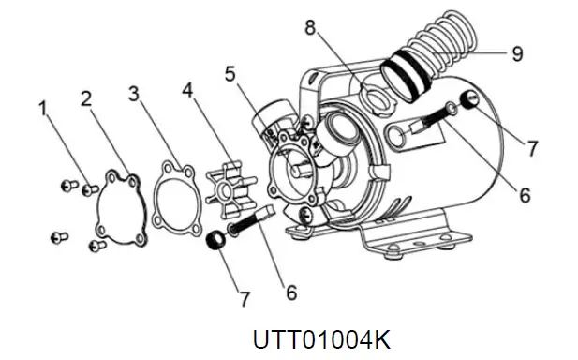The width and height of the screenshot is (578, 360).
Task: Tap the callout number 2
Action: [85, 97]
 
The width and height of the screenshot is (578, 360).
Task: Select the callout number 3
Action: [135, 94]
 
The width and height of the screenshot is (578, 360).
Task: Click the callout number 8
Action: [310, 27]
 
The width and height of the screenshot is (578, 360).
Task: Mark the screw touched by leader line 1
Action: [90, 189]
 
